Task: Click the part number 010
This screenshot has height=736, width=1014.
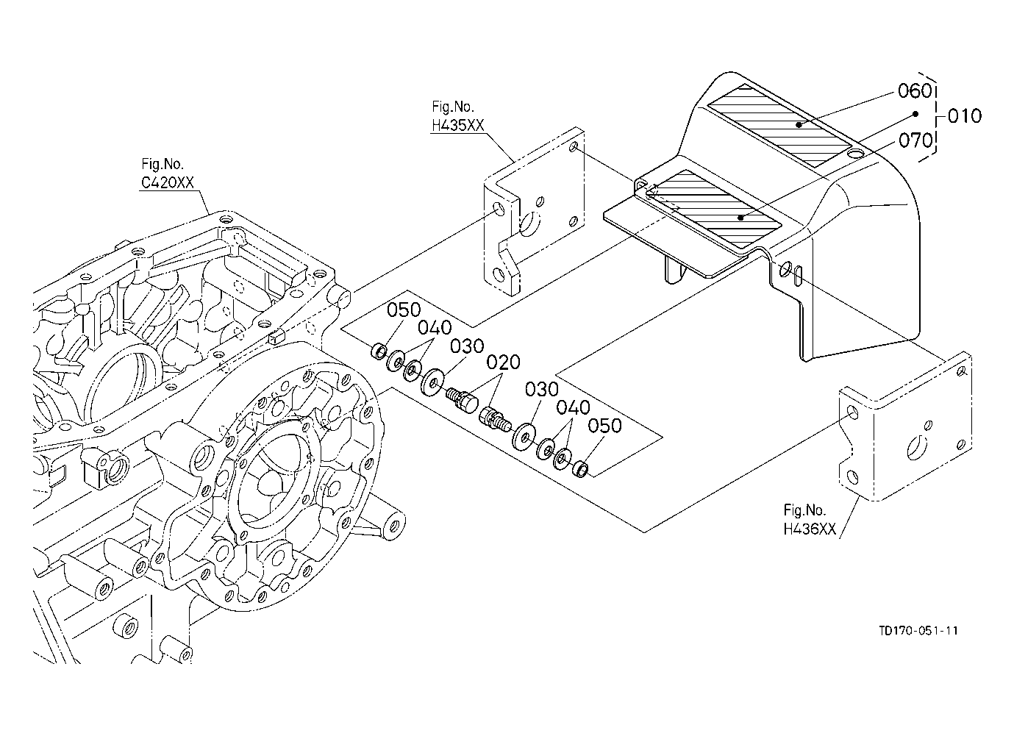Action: [965, 116]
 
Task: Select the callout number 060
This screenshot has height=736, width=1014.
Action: [915, 91]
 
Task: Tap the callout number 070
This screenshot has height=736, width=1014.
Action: [915, 140]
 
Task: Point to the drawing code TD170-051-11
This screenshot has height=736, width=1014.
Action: [918, 631]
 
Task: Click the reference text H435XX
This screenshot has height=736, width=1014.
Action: [458, 126]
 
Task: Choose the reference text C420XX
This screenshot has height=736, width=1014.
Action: [168, 182]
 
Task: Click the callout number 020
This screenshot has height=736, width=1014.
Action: [504, 362]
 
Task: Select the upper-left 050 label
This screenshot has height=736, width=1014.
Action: [404, 310]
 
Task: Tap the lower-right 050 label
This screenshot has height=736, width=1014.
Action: [604, 426]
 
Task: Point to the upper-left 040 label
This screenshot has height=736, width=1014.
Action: [435, 327]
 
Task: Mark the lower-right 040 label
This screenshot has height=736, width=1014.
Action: [573, 408]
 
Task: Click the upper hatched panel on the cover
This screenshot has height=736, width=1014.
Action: [779, 126]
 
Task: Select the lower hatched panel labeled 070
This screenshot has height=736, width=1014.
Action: [714, 209]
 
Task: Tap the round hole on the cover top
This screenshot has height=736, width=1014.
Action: [855, 154]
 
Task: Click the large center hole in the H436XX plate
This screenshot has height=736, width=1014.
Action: [914, 449]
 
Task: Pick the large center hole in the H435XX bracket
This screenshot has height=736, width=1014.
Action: [530, 224]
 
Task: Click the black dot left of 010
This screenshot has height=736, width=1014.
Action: [915, 114]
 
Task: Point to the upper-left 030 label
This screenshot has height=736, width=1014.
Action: [467, 346]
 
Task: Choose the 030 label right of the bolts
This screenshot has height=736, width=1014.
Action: [542, 389]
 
